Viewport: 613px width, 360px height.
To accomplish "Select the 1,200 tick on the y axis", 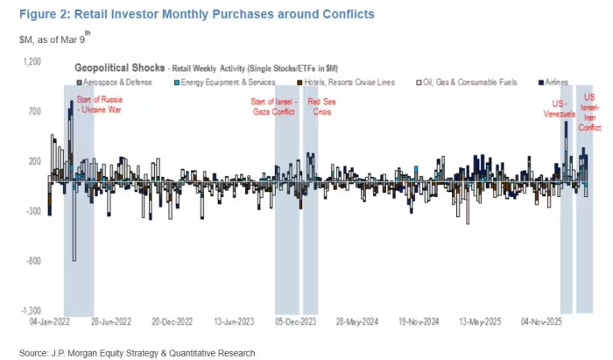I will tap(32, 62).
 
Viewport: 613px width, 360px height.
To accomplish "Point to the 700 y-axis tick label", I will tap(35, 112).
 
